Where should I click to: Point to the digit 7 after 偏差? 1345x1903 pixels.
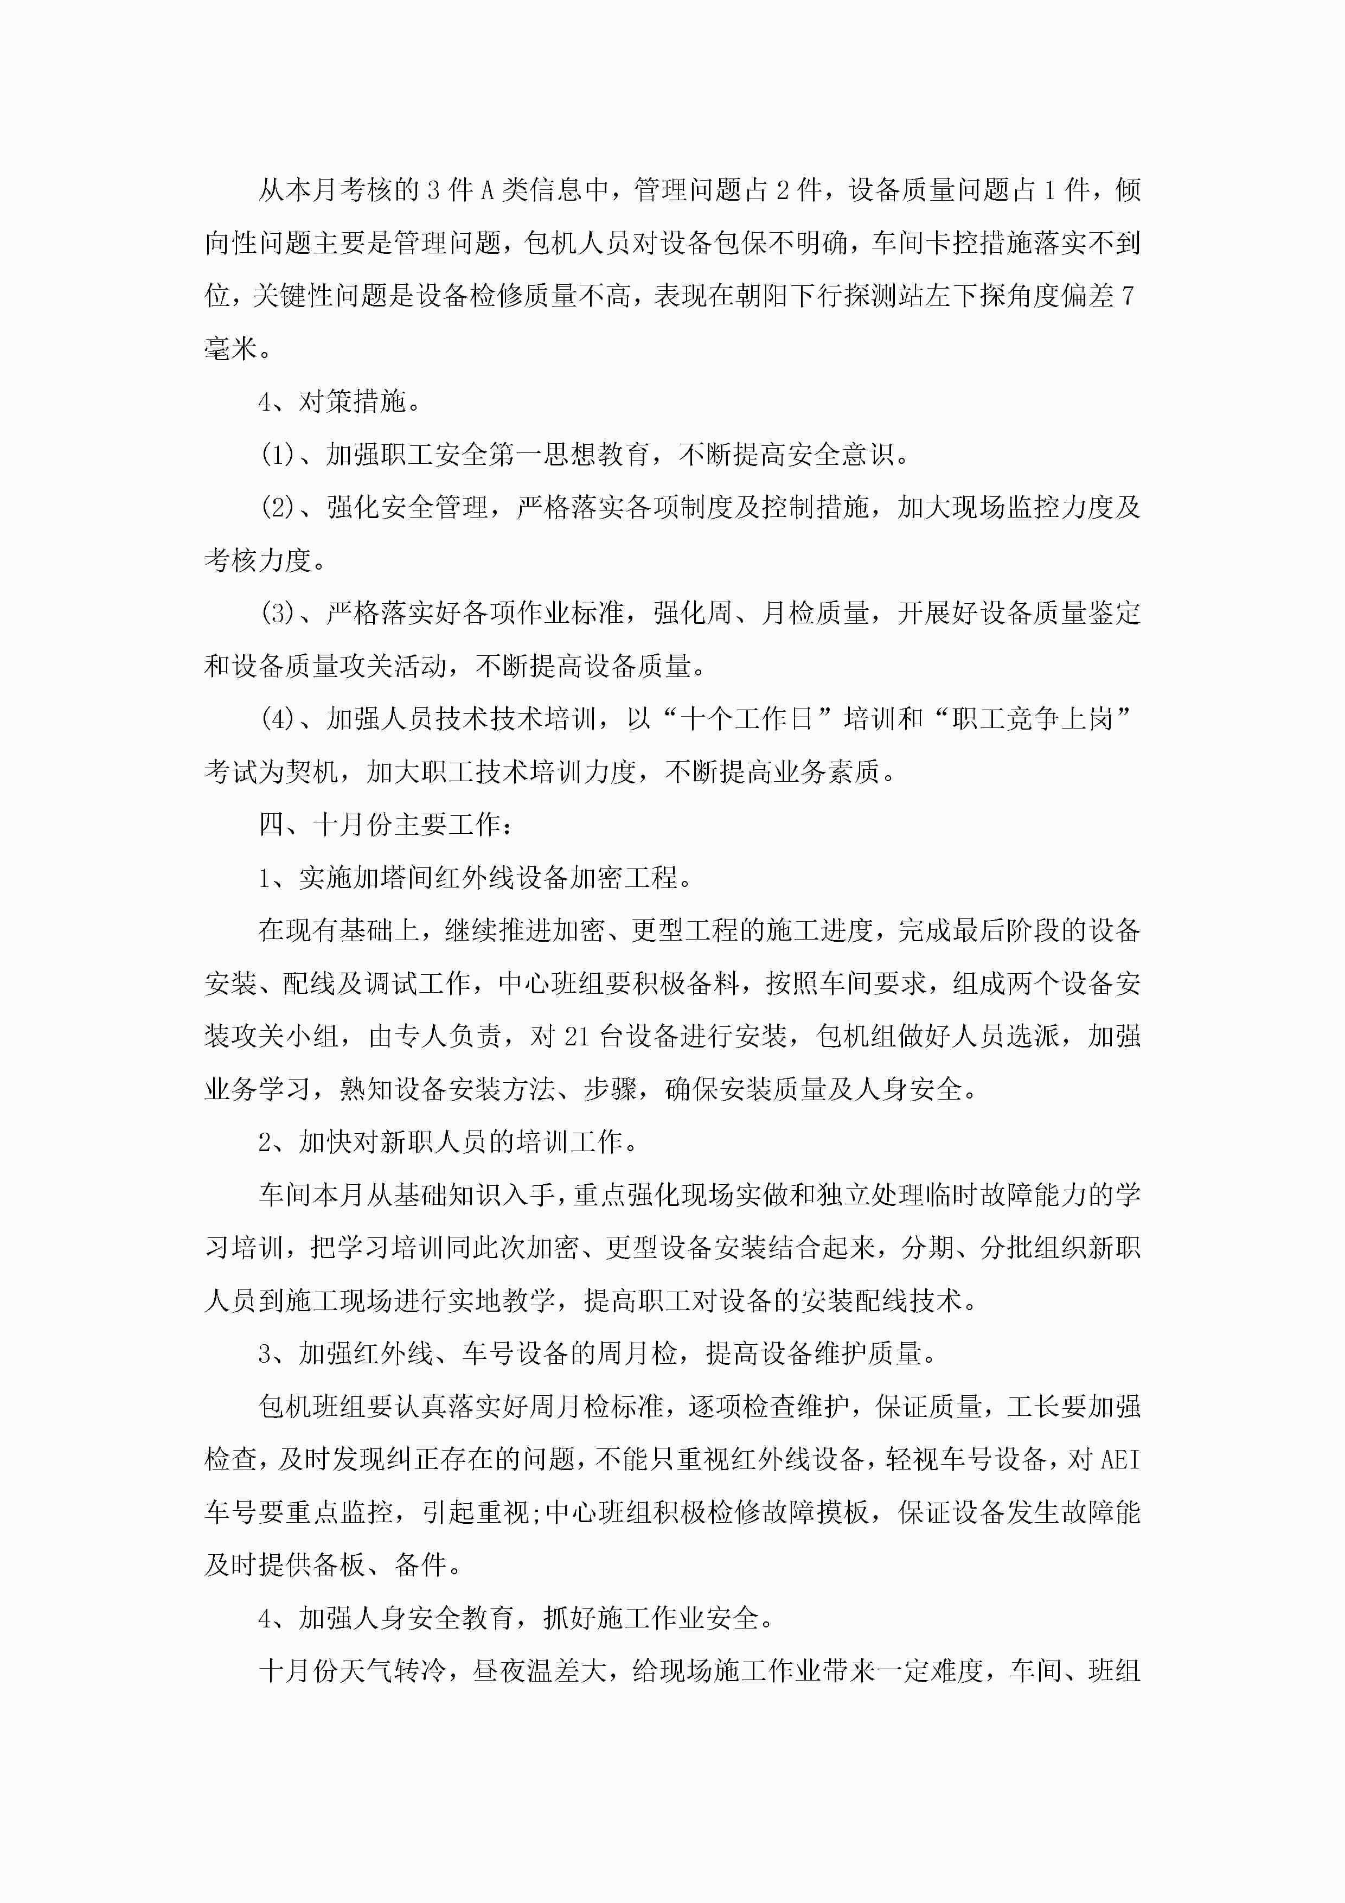1128,296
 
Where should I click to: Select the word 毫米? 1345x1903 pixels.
231,349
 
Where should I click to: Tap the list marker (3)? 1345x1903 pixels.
278,614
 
